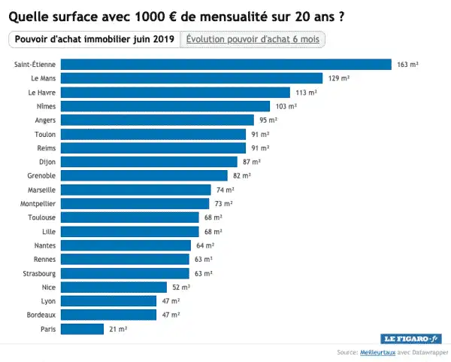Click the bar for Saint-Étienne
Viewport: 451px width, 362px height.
[x=225, y=65]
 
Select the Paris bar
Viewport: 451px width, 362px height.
[x=82, y=329]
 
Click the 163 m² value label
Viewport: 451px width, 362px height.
[x=407, y=65]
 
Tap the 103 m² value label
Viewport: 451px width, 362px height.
[x=286, y=106]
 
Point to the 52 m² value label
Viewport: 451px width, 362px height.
[x=181, y=287]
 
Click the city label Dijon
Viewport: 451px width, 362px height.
[x=47, y=162]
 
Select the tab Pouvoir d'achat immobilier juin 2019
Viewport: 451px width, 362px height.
[x=94, y=39]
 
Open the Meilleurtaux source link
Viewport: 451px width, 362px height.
[x=377, y=352]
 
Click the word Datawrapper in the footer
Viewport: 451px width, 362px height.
[x=426, y=352]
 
